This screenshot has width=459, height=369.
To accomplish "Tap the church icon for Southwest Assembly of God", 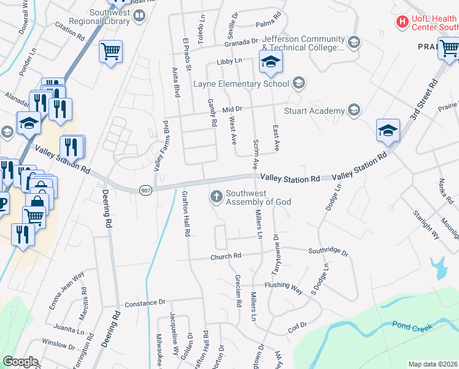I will coord(216,197).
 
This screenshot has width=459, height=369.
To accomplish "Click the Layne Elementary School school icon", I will coord(298,83).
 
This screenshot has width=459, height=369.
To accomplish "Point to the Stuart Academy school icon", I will coord(353,110).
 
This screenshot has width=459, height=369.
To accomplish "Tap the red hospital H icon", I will coord(403,23).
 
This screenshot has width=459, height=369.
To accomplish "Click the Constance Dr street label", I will coord(145,303).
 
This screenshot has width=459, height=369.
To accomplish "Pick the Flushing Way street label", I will coord(283,286).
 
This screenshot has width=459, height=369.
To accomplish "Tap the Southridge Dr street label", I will coord(328,252).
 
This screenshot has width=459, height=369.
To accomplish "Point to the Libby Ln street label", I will coord(229,61).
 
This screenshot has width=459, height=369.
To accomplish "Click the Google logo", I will coord(20,362).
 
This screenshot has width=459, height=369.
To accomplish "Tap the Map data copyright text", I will coord(433,364).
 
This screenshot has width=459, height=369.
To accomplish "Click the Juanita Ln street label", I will coord(69,330).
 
